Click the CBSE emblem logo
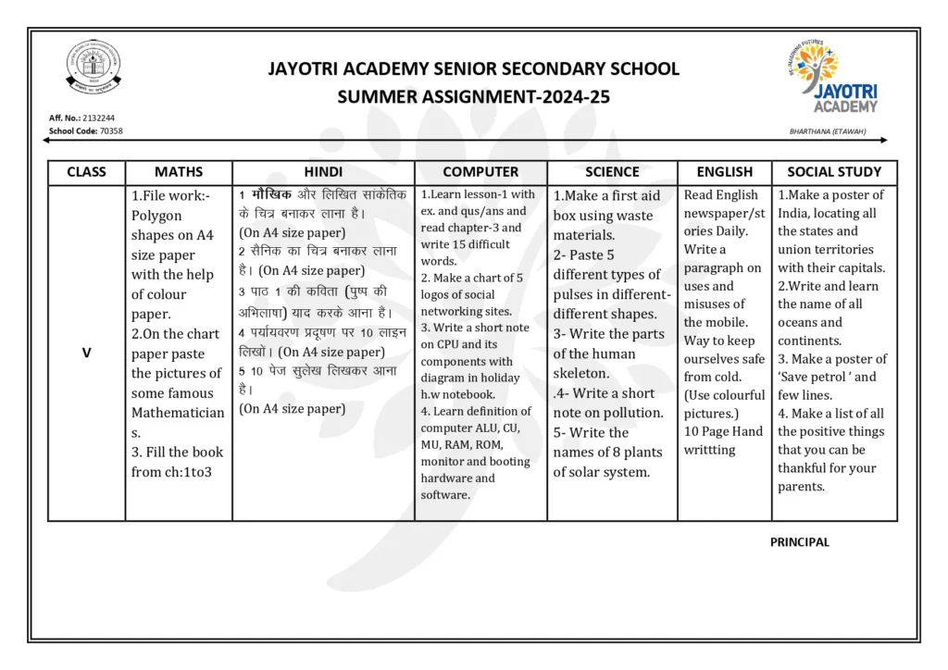pos(94,69)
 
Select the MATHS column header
pos(179,172)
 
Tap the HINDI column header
pos(323,172)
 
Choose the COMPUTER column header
pos(480,172)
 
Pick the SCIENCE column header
pos(612,172)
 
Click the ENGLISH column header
pos(725,172)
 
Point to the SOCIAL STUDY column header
pos(834,172)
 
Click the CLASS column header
pos(87,172)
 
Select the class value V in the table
pos(87,352)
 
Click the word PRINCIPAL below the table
pos(800,542)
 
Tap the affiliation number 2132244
pos(98,118)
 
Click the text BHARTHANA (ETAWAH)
pos(828,131)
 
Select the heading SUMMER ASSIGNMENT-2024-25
pos(473,96)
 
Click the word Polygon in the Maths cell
pos(156,216)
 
